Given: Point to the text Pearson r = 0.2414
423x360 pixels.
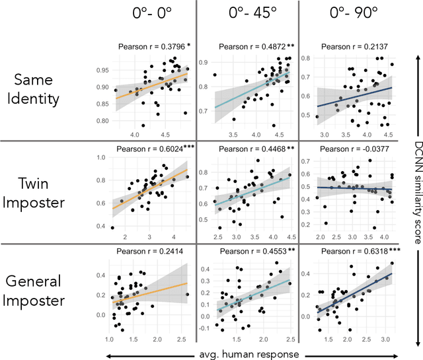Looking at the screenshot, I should tap(147, 251).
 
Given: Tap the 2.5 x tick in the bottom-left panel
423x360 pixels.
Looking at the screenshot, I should tap(180, 338).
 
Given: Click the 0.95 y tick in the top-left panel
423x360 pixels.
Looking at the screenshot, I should tap(102, 69).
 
